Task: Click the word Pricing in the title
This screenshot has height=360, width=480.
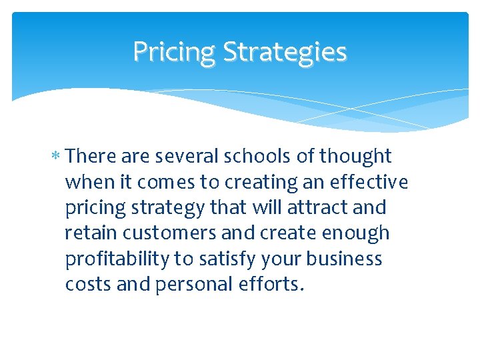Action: point(174,52)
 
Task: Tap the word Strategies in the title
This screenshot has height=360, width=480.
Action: point(285,52)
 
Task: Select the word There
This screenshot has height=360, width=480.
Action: point(92,157)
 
